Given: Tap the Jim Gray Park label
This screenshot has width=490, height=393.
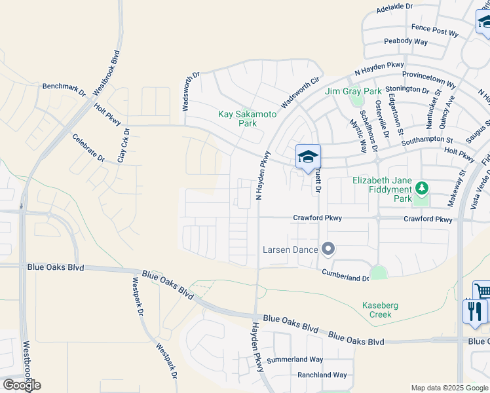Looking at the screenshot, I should (x=352, y=92).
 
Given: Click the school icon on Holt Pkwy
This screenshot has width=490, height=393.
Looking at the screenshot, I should (x=308, y=157).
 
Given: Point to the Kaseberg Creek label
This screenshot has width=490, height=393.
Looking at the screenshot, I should (x=381, y=310).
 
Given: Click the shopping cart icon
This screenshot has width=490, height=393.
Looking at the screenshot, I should (x=482, y=291).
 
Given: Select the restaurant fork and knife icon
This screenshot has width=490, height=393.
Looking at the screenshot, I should (x=474, y=310).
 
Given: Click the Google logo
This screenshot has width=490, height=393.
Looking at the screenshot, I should (x=22, y=385).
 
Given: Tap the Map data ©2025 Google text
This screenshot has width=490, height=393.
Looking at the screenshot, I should (x=449, y=388).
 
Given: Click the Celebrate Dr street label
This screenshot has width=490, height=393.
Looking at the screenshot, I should (x=89, y=148).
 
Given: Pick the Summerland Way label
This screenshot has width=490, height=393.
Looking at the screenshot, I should (x=301, y=360).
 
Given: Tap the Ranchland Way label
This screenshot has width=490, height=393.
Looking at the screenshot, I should (x=322, y=375).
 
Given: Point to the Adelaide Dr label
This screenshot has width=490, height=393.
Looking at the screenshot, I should (x=396, y=8).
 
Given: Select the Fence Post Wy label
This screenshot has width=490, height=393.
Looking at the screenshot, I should (x=434, y=31).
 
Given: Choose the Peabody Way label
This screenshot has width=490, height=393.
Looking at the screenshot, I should (x=405, y=41).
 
